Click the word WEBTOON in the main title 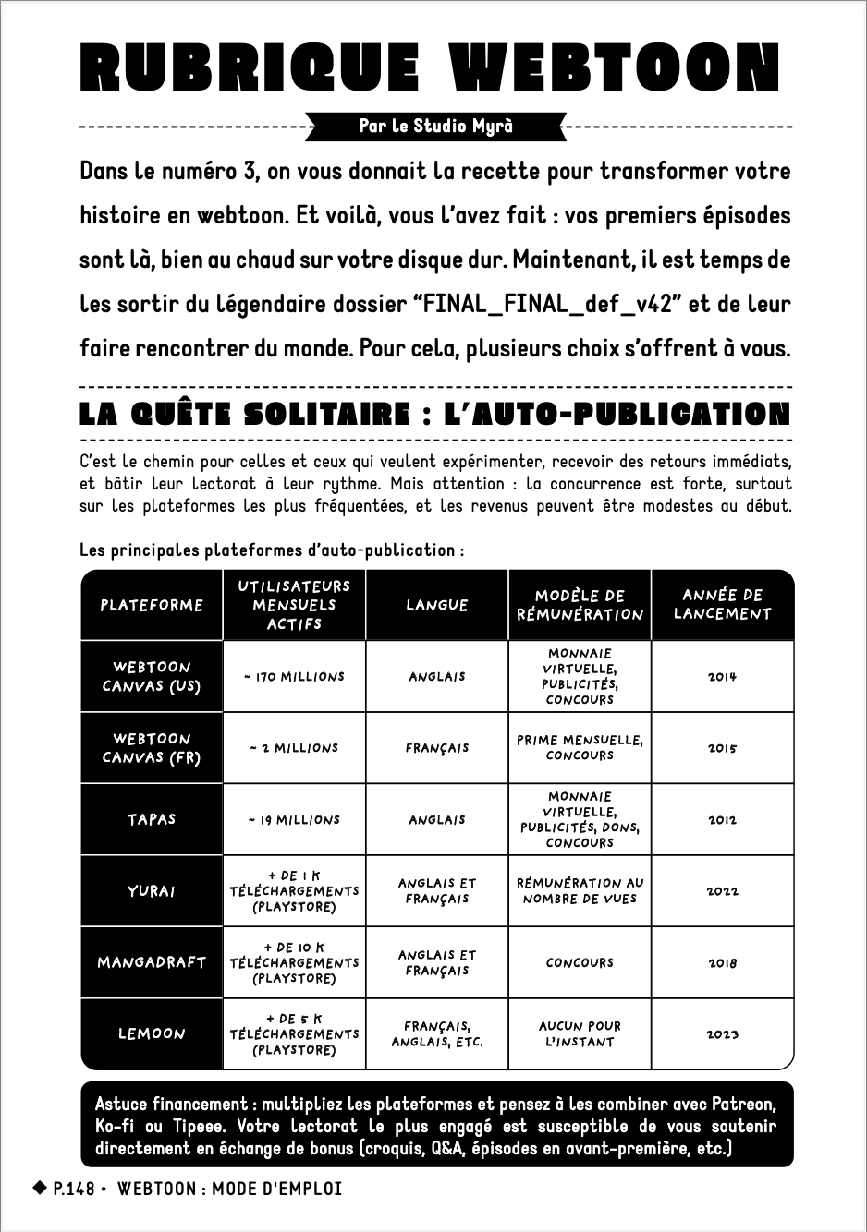[x=615, y=68]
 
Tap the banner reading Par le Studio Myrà [x=435, y=127]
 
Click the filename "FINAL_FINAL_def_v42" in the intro [x=550, y=304]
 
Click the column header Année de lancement [x=722, y=605]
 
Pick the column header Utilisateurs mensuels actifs [x=294, y=605]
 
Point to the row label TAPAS [x=152, y=819]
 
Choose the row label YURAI [x=152, y=891]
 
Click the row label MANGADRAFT [x=152, y=962]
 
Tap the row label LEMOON [x=152, y=1034]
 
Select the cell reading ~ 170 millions [x=294, y=677]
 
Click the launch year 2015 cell [x=722, y=748]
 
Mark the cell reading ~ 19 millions [x=294, y=820]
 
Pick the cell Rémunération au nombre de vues [x=580, y=891]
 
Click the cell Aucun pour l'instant [x=580, y=1034]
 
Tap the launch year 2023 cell [x=722, y=1034]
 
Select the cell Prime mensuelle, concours [x=580, y=748]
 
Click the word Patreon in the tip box [x=743, y=1105]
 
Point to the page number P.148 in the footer [x=74, y=1189]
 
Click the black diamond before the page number [x=40, y=1188]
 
